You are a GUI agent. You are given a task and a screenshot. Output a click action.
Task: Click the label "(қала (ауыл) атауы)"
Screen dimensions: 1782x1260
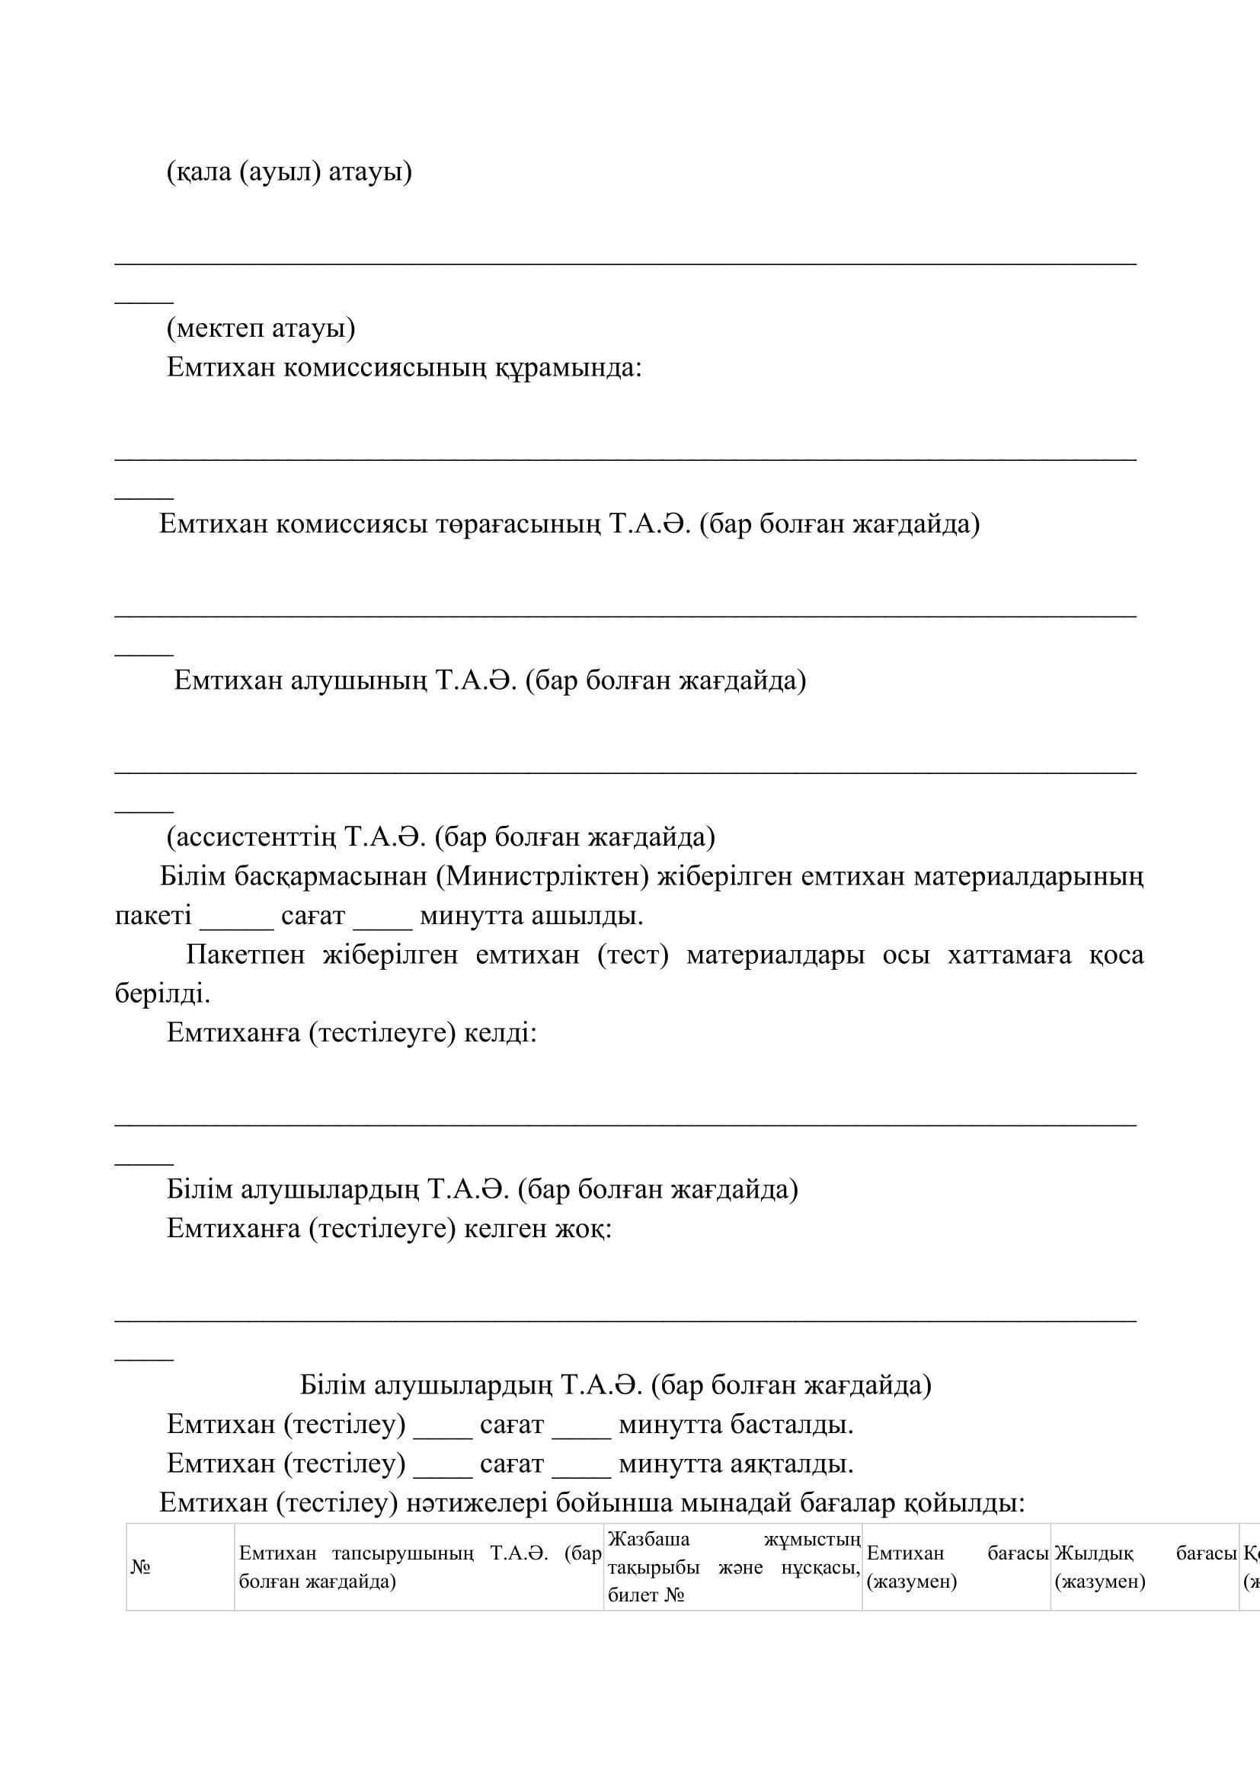coord(289,171)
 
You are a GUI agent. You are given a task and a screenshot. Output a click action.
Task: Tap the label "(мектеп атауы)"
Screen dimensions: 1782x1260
coord(261,328)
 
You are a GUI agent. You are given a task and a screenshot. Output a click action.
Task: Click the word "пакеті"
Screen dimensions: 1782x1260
coord(153,916)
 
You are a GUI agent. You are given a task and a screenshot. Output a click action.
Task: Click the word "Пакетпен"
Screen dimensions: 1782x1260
coord(245,955)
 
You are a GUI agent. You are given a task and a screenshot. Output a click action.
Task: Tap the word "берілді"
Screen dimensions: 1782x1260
coord(162,993)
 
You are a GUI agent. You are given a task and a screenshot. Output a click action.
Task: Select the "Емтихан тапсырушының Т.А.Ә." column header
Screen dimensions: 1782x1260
coord(419,1567)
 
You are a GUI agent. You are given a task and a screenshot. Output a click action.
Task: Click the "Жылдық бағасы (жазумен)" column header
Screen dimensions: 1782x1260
coord(1144,1567)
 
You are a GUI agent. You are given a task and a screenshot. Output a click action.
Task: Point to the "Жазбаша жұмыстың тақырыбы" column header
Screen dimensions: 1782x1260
coord(732,1567)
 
